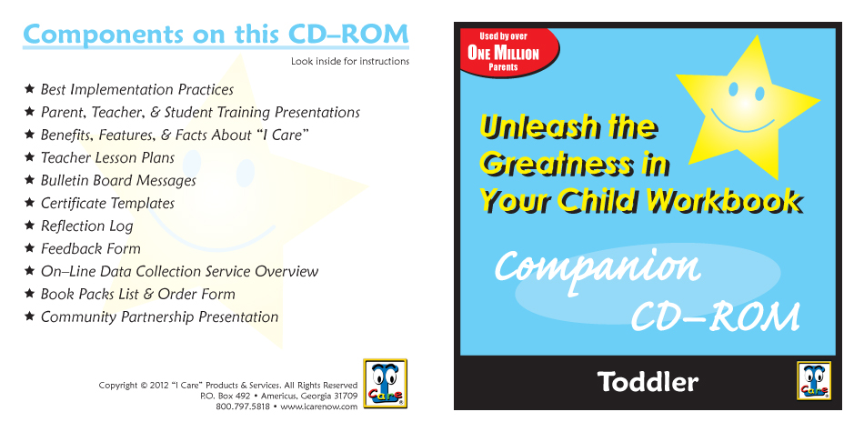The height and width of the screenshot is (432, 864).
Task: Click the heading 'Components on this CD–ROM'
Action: click(x=216, y=35)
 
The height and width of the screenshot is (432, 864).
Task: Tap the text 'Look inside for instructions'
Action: click(x=350, y=61)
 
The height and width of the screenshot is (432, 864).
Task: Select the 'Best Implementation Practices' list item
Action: click(x=137, y=90)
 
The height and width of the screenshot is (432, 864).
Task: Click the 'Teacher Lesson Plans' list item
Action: click(x=107, y=157)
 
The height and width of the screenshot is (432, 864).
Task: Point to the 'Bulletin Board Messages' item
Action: click(x=118, y=180)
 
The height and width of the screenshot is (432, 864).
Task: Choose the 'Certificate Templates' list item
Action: click(x=107, y=204)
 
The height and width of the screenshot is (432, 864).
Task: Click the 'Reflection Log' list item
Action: click(x=87, y=226)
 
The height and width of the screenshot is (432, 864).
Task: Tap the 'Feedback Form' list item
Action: click(x=91, y=248)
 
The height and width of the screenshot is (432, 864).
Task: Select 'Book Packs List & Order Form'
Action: click(x=137, y=295)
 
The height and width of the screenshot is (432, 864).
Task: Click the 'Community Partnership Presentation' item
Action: click(x=160, y=317)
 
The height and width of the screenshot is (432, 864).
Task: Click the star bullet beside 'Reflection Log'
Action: click(x=30, y=225)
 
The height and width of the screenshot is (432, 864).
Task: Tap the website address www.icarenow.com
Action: click(x=319, y=407)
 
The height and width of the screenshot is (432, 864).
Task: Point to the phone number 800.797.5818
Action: click(x=243, y=407)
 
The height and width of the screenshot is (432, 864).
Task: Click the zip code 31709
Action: click(x=346, y=396)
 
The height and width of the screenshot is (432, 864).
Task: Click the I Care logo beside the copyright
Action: click(x=386, y=384)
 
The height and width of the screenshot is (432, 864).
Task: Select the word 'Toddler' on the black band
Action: click(x=648, y=382)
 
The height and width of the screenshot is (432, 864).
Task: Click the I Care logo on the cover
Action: click(x=814, y=380)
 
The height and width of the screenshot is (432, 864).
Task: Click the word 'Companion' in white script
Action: click(x=598, y=268)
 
